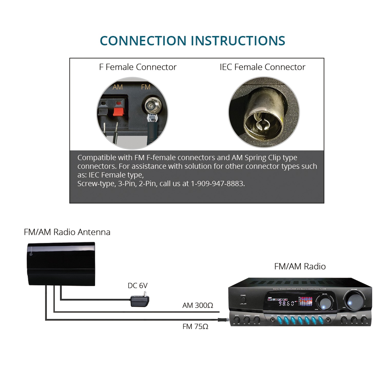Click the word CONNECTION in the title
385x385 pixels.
[x=143, y=41]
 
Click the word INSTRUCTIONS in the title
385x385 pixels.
[x=238, y=41]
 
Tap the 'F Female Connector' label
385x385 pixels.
[x=138, y=67]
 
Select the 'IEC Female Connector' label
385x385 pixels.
[x=262, y=67]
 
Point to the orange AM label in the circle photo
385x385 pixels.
[x=118, y=87]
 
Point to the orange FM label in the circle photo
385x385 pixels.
[x=146, y=87]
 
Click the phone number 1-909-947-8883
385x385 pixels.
[x=218, y=184]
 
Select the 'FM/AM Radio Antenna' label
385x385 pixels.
[x=67, y=232]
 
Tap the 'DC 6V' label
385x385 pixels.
[x=138, y=285]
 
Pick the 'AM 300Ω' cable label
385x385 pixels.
[x=198, y=305]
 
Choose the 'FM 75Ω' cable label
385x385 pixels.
[x=195, y=326]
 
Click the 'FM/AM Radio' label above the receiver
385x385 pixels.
[x=300, y=266]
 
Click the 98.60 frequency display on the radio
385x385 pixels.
[x=286, y=304]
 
